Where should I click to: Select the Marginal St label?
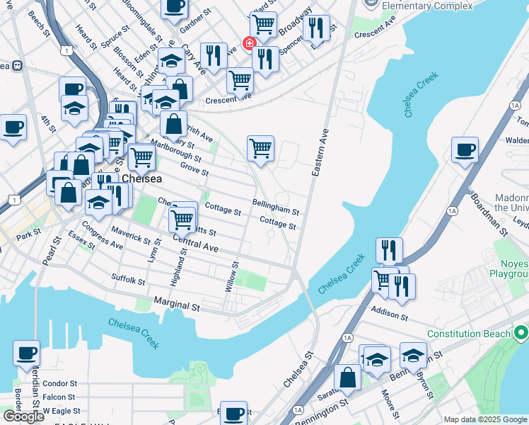coord(178,306)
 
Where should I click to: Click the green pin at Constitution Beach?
coord(521,331)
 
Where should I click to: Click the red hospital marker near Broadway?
coord(249,44)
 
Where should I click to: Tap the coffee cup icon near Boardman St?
coord(465,151)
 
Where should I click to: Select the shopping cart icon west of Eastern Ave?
coord(260,149)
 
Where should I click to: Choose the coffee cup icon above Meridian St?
coord(27,353)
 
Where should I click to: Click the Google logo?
coord(23,416)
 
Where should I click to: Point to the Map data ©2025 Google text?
coord(485,419)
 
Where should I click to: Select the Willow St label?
coord(232,274)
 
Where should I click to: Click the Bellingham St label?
coord(277,207)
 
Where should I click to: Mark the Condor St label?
coord(59,384)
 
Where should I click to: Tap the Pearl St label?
coord(47,254)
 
